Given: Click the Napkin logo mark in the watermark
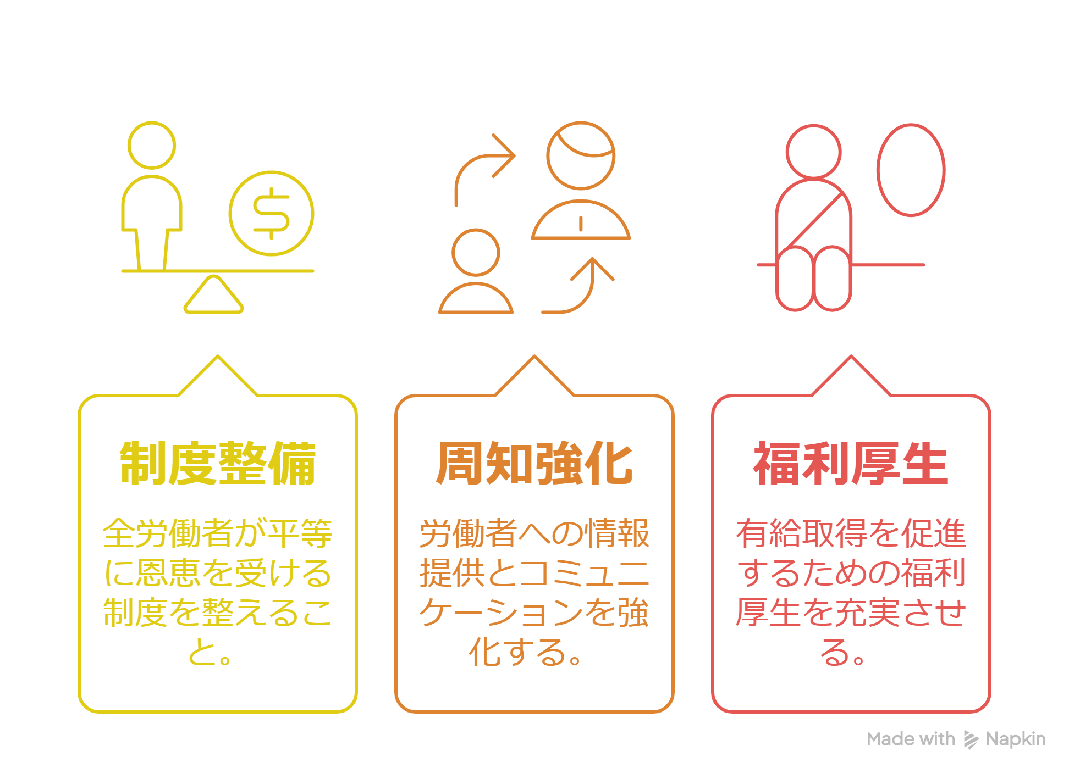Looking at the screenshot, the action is (x=971, y=740).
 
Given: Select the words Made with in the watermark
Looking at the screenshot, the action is (x=911, y=739).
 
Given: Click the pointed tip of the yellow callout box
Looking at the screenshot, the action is (x=218, y=356).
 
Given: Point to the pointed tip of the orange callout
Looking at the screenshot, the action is (x=534, y=356).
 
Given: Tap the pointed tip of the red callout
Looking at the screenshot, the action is (x=851, y=356).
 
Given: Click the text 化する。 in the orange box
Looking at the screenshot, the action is (x=525, y=652).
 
